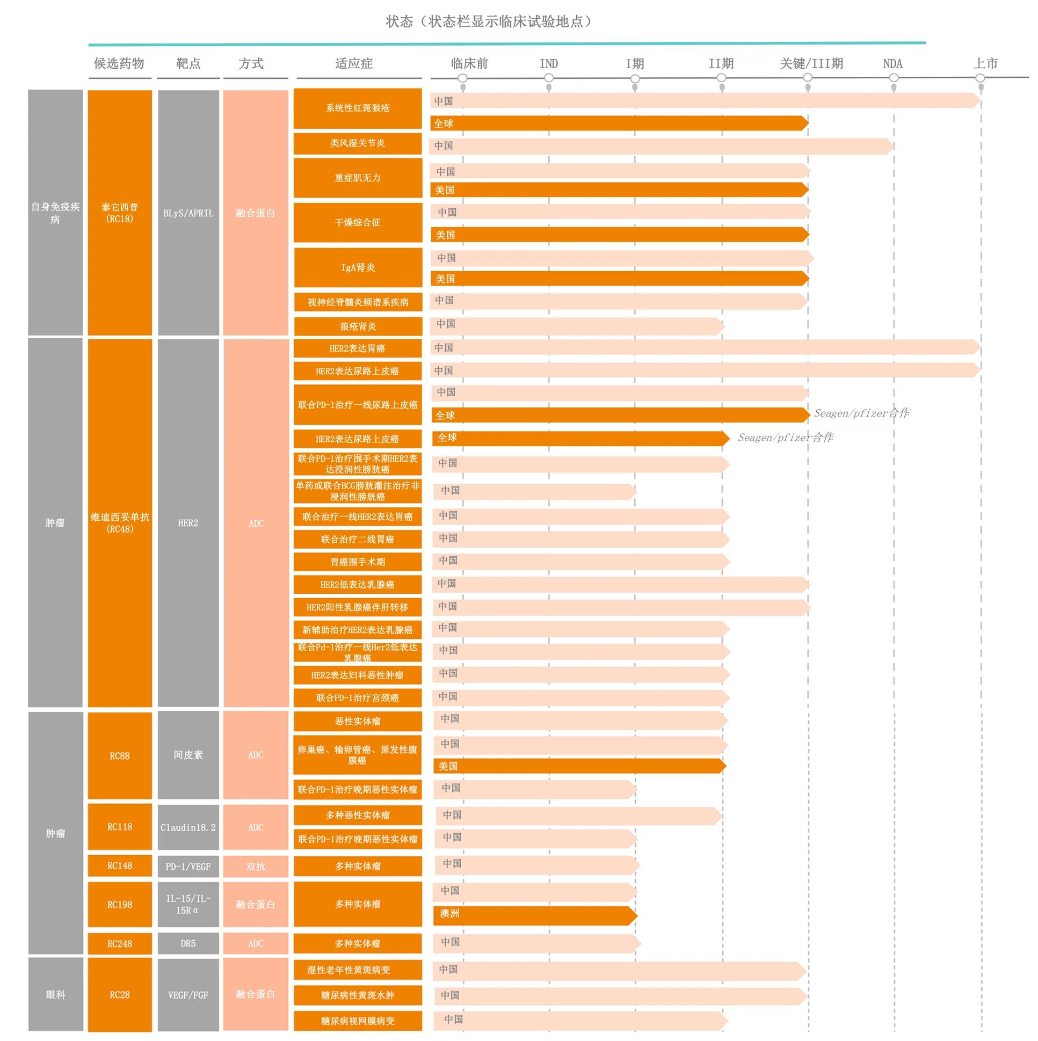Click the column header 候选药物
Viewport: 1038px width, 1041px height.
[x=119, y=63]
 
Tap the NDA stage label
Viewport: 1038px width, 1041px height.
[x=892, y=63]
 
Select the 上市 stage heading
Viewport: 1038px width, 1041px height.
[x=985, y=63]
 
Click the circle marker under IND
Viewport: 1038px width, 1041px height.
[x=549, y=78]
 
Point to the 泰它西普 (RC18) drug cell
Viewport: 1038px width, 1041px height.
[x=120, y=213]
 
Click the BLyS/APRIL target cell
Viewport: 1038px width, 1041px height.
[x=188, y=213]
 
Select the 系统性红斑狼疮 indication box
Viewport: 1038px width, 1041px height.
[x=357, y=108]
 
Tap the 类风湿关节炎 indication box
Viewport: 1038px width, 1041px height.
[x=357, y=143]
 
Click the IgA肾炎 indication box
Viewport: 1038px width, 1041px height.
[x=357, y=267]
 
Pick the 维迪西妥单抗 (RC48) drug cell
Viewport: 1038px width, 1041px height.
[x=120, y=523]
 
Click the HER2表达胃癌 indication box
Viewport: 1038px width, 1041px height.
[x=357, y=348]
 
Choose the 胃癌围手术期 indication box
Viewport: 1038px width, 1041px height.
[x=357, y=562]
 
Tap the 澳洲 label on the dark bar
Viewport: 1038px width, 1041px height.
[x=449, y=913]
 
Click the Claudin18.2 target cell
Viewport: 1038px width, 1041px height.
[x=188, y=827]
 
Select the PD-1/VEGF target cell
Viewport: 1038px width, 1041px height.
[x=188, y=867]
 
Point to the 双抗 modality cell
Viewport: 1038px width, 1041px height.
[x=256, y=867]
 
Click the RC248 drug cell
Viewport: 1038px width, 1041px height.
[x=120, y=943]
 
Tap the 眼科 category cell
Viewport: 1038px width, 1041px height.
[x=55, y=995]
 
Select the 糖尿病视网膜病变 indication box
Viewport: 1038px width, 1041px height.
[x=357, y=1021]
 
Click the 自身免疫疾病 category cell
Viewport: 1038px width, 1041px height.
[x=55, y=213]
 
